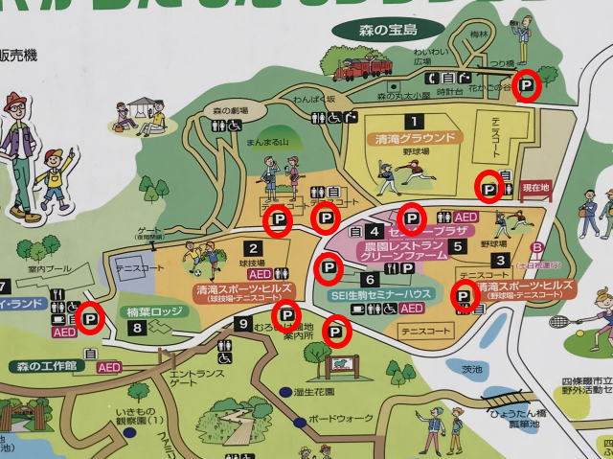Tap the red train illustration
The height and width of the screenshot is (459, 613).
pyautogui.click(x=363, y=69)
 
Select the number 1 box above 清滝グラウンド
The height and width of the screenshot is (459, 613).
pyautogui.click(x=414, y=122)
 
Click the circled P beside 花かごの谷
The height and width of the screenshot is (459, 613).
pyautogui.click(x=526, y=87)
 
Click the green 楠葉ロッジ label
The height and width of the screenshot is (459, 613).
pyautogui.click(x=153, y=312)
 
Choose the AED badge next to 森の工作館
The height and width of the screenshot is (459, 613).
pyautogui.click(x=108, y=366)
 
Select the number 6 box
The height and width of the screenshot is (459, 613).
pyautogui.click(x=371, y=279)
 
